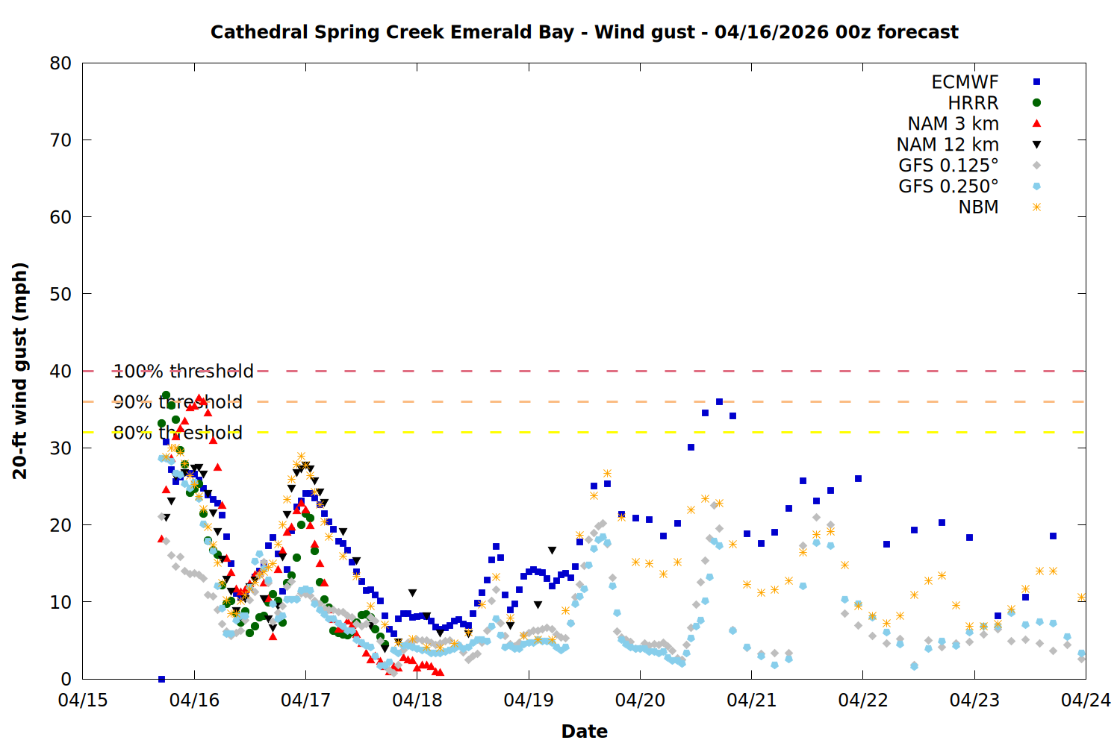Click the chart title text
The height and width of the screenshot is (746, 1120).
(x=584, y=32)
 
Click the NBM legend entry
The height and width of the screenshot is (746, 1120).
(x=978, y=207)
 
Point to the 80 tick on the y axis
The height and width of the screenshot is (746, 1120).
(x=60, y=63)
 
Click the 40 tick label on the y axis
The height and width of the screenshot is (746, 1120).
(x=60, y=371)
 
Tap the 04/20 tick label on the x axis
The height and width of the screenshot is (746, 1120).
(x=640, y=700)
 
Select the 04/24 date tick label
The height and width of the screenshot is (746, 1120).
(x=1086, y=700)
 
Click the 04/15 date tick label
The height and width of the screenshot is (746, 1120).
(x=82, y=700)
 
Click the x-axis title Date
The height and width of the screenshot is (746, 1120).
(x=584, y=731)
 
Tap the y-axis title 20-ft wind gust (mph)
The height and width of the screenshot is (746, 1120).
(x=20, y=371)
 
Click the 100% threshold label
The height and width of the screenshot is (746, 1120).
(x=183, y=371)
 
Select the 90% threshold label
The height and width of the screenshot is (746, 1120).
(x=178, y=402)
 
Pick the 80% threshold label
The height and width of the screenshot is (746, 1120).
(x=178, y=433)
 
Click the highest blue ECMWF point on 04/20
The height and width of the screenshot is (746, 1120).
(x=719, y=401)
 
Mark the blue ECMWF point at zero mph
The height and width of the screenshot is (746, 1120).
(x=161, y=679)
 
